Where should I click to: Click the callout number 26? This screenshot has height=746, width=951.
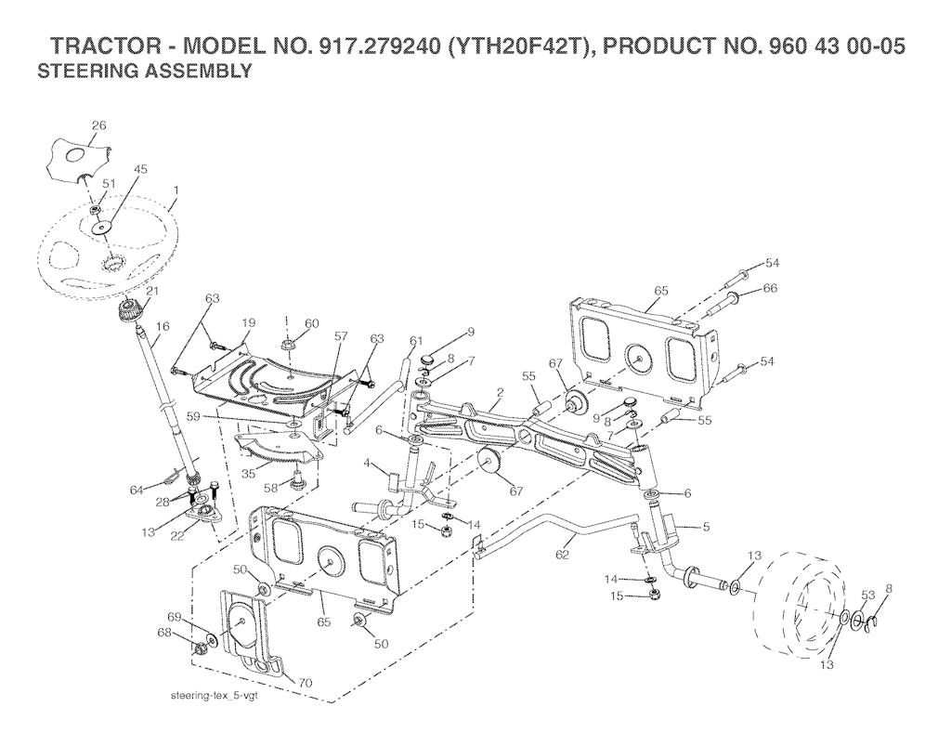[98, 125]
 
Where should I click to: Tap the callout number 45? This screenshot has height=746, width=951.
[140, 169]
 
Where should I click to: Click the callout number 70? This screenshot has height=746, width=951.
[305, 683]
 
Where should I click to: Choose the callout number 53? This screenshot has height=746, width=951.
[868, 595]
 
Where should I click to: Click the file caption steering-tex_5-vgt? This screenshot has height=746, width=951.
[215, 696]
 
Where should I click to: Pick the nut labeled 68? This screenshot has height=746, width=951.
[199, 650]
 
